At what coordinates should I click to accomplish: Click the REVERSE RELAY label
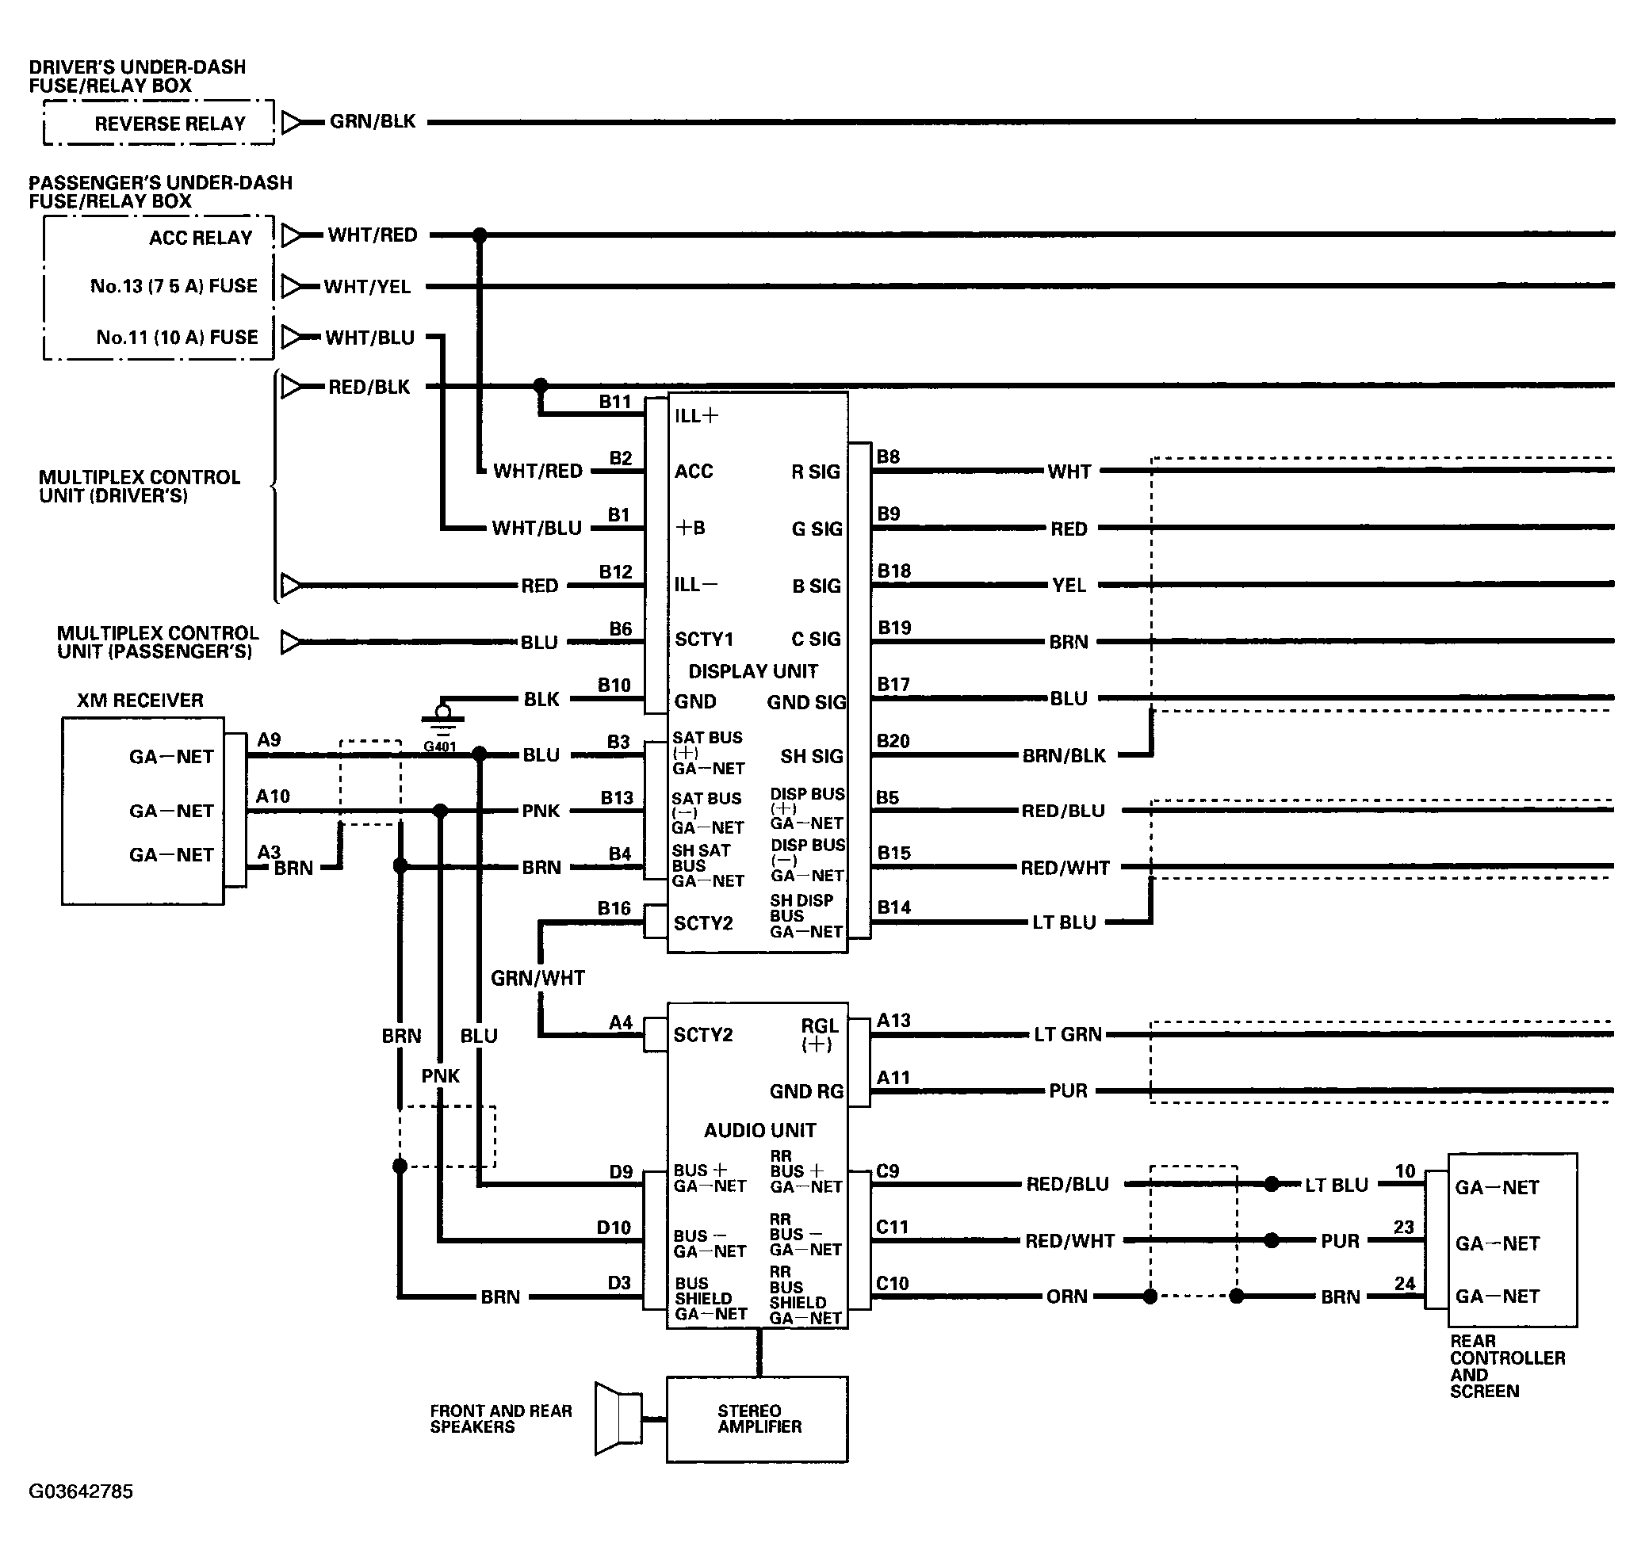tap(170, 124)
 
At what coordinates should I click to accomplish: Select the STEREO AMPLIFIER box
tap(757, 1419)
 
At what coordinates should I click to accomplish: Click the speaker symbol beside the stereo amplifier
tap(619, 1419)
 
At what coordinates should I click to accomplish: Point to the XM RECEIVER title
tap(140, 700)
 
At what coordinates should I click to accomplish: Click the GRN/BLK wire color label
tap(372, 121)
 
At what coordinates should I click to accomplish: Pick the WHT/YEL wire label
tap(367, 287)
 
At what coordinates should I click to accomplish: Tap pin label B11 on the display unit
tap(616, 402)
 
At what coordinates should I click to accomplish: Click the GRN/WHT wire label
tap(537, 979)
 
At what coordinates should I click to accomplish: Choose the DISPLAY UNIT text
tap(752, 671)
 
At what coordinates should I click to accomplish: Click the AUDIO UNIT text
tap(759, 1130)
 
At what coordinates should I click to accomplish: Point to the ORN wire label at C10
tap(1067, 1296)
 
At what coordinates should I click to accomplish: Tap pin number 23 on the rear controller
tap(1404, 1228)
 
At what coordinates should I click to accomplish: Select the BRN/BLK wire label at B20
tap(1064, 756)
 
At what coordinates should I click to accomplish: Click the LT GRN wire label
tap(1068, 1035)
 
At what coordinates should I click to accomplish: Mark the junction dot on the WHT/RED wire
tap(480, 235)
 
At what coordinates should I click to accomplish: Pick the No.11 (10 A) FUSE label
tap(177, 337)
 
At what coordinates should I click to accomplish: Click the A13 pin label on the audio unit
tap(894, 1021)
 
